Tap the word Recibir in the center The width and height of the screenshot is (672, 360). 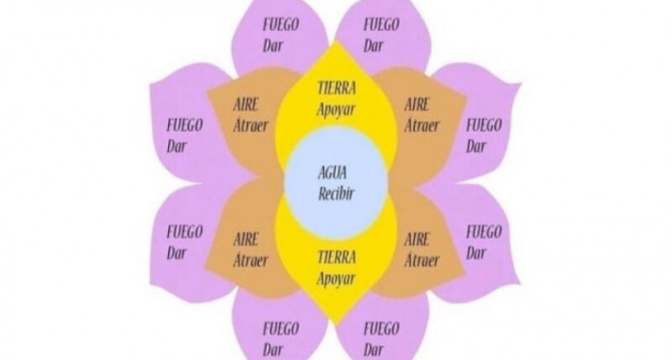337,193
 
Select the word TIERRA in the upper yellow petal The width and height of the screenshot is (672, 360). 337,88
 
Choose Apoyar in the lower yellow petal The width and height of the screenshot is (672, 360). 336,277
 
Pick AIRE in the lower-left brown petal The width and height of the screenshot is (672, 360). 246,240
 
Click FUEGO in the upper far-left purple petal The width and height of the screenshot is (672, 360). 184,124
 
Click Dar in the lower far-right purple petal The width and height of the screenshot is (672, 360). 475,252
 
